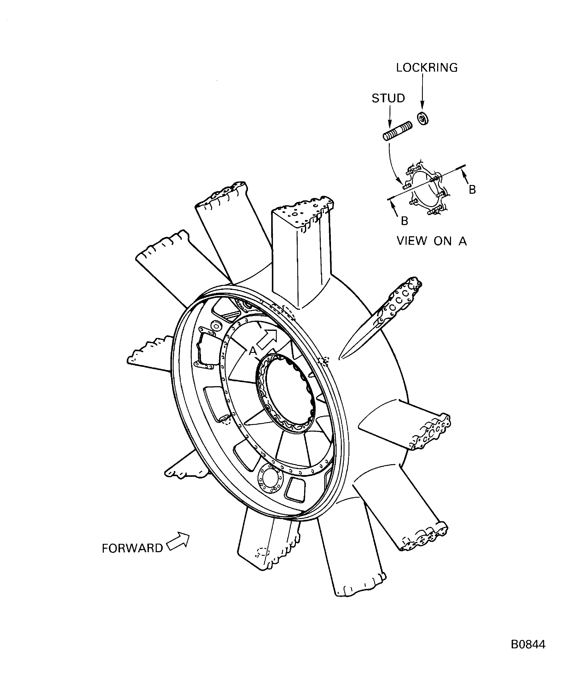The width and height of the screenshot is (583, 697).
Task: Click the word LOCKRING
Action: (426, 68)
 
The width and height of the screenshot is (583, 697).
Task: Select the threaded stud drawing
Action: (397, 131)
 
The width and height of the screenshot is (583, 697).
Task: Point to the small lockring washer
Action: (422, 118)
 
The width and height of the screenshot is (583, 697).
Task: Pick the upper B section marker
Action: (472, 189)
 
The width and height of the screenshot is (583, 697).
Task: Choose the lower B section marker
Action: (404, 221)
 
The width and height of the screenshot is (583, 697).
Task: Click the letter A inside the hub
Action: (253, 351)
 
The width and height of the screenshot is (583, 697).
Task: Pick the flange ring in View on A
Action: (427, 191)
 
